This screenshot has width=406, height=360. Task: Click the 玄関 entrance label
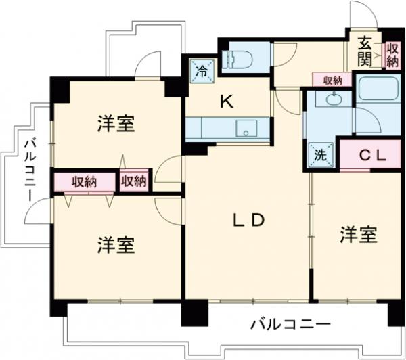tap(363, 51)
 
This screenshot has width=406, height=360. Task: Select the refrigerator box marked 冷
tap(201, 69)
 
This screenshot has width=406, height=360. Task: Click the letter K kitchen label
tap(226, 103)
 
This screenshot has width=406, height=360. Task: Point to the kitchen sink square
tap(245, 128)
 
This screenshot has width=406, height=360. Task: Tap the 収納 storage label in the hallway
tap(332, 80)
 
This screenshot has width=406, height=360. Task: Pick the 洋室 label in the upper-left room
tap(115, 123)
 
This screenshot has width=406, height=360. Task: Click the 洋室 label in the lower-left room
tap(115, 244)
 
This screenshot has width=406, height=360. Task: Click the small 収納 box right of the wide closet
tap(134, 181)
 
